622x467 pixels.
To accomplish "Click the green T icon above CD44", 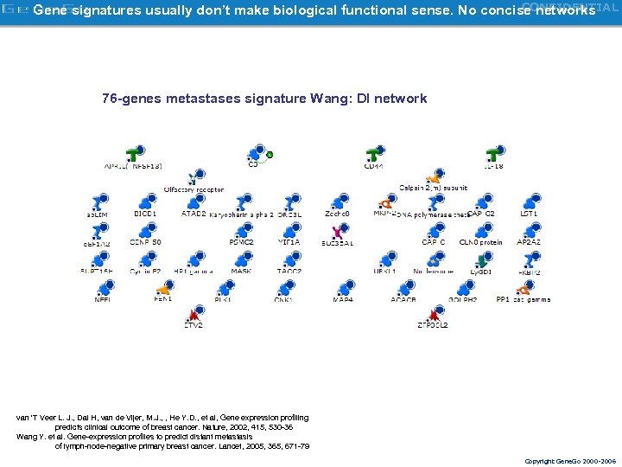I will coord(373,154).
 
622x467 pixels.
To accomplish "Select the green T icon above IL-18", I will coord(494,154).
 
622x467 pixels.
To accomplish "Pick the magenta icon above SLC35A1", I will coord(338,232).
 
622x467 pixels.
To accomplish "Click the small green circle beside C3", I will coord(270,155).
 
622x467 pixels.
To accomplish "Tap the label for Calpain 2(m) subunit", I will coord(434,188).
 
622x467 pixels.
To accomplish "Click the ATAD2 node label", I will coord(194,214).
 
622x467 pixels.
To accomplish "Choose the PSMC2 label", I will coord(241,243).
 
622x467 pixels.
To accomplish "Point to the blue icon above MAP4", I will coord(343,288).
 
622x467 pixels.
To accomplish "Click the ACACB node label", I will coord(403,300).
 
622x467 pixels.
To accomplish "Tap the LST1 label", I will coord(529,214).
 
